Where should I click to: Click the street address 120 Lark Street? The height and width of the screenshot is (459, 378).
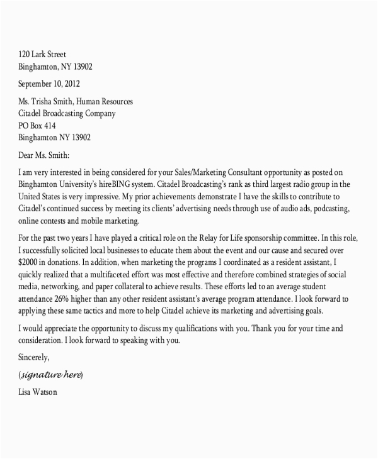click(42, 54)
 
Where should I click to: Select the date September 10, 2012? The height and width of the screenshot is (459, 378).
click(49, 84)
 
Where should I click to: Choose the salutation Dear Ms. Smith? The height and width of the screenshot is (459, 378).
click(45, 155)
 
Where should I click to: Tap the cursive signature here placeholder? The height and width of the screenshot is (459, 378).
click(51, 375)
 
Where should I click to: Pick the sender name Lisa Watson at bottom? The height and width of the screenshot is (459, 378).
click(39, 393)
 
